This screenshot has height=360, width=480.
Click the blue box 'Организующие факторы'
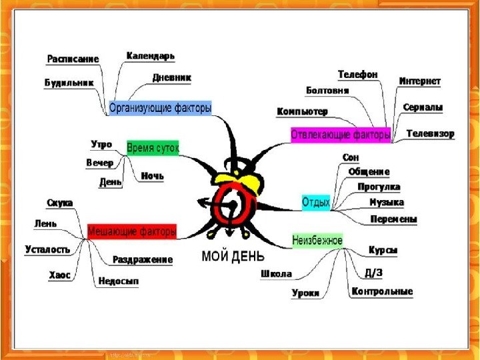point(160,107)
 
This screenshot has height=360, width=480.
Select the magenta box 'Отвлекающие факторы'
point(341,135)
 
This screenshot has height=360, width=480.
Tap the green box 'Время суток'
point(153,149)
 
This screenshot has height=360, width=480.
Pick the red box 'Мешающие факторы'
point(132,231)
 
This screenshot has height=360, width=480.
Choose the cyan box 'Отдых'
point(316,202)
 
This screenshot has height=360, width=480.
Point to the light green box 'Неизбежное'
point(317,240)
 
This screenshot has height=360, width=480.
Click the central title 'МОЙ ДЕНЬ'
point(233,255)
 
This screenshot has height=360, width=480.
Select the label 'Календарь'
point(150,55)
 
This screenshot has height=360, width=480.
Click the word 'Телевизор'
point(431,133)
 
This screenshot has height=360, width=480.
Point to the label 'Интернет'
point(420,81)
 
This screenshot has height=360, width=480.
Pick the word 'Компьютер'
point(302,111)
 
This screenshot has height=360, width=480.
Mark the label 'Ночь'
point(152,176)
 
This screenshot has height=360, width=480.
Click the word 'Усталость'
point(47,249)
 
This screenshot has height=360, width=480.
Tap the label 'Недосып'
point(118,281)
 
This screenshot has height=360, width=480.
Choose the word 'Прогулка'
point(379,187)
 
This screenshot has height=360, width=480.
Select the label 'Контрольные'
point(383,291)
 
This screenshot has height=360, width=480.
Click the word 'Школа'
point(276,273)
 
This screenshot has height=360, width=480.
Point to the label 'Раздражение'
point(143,259)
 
